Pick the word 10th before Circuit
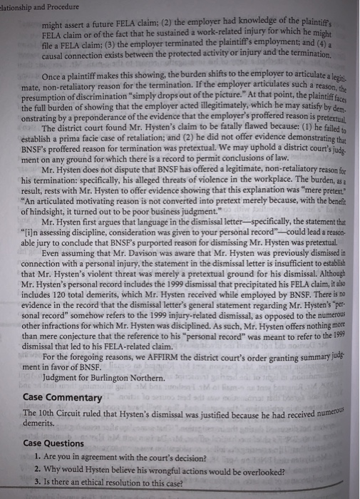pos(47,413)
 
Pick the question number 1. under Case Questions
pos(36,457)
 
